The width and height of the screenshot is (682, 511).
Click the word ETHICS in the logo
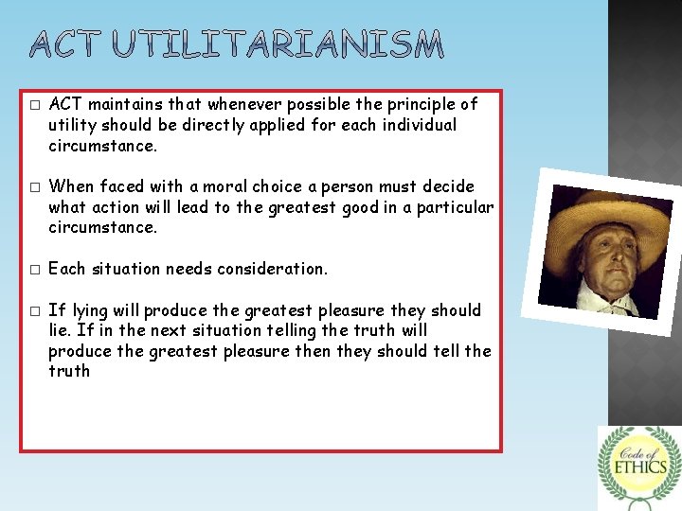[639, 467]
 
